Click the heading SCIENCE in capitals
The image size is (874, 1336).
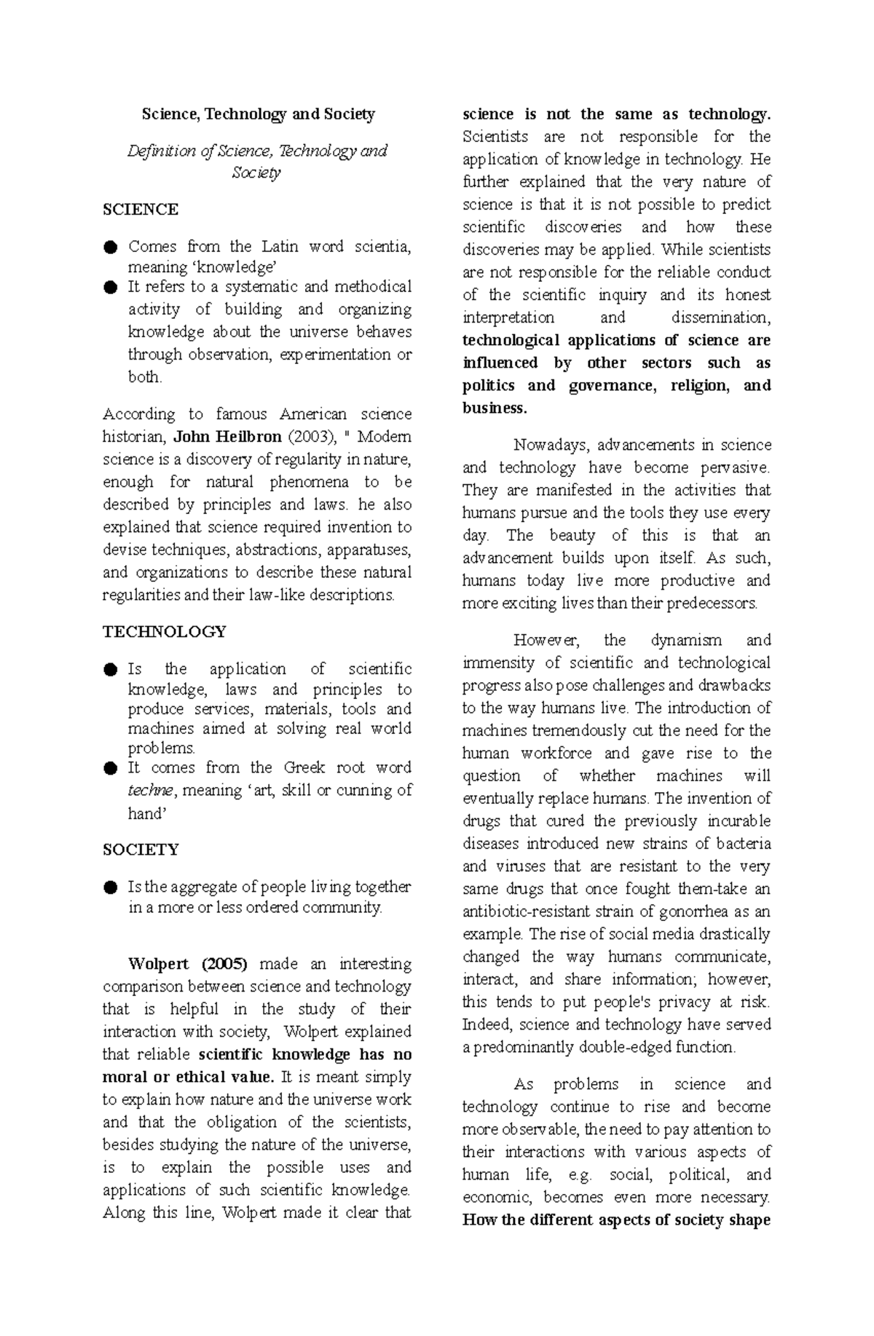coord(141,210)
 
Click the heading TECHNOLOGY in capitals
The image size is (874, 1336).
coord(165,631)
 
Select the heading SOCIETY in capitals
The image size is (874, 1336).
coord(141,850)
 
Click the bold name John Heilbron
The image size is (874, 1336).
coord(228,437)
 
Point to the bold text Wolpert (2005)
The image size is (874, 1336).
coord(188,964)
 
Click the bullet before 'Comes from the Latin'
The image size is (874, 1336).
coord(110,247)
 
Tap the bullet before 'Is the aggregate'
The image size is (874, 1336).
coord(110,888)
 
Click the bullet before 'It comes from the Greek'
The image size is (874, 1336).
coord(110,768)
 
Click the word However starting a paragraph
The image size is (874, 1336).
coord(546,641)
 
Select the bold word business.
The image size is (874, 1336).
coord(494,408)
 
